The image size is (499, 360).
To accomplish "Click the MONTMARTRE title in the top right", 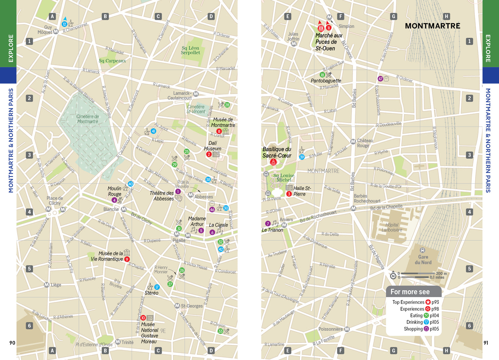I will tap(432, 26).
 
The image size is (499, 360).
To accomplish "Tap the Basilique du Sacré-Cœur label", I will tap(277, 152).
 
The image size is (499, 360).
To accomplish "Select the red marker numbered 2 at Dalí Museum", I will tap(209, 154).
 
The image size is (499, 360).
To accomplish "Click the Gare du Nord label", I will tap(423, 260).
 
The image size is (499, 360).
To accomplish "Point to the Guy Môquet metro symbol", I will tap(56, 31).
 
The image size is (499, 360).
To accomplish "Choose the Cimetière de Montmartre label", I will tap(87, 119).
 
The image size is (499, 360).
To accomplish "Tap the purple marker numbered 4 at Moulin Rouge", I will tap(114, 200).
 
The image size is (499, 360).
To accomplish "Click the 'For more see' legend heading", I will tap(410, 292).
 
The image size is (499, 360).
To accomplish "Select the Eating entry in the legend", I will tap(416, 315).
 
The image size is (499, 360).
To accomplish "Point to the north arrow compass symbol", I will tap(393, 275).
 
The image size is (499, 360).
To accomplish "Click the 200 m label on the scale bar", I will tap(441, 273).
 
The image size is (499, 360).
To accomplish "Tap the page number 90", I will tap(12, 343).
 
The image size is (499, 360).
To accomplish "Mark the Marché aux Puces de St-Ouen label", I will tap(328, 42).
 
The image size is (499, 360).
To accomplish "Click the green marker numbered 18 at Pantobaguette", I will tap(322, 75).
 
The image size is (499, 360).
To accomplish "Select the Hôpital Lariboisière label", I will tap(392, 227).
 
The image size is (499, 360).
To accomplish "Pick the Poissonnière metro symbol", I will tap(347, 329).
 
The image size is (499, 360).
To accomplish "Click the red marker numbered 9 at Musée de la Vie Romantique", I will tap(127, 259).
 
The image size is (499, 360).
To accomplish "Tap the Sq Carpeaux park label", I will tap(112, 61).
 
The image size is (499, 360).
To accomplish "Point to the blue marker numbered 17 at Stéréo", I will tap(157, 287).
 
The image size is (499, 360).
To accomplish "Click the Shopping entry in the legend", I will tap(413, 329).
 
